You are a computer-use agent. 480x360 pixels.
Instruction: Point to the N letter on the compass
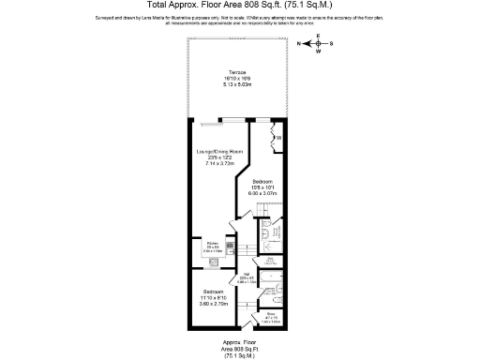(x=299, y=44)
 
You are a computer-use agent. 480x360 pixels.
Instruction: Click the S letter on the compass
(x=342, y=44)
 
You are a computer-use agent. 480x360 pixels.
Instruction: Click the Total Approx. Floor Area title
(x=239, y=7)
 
